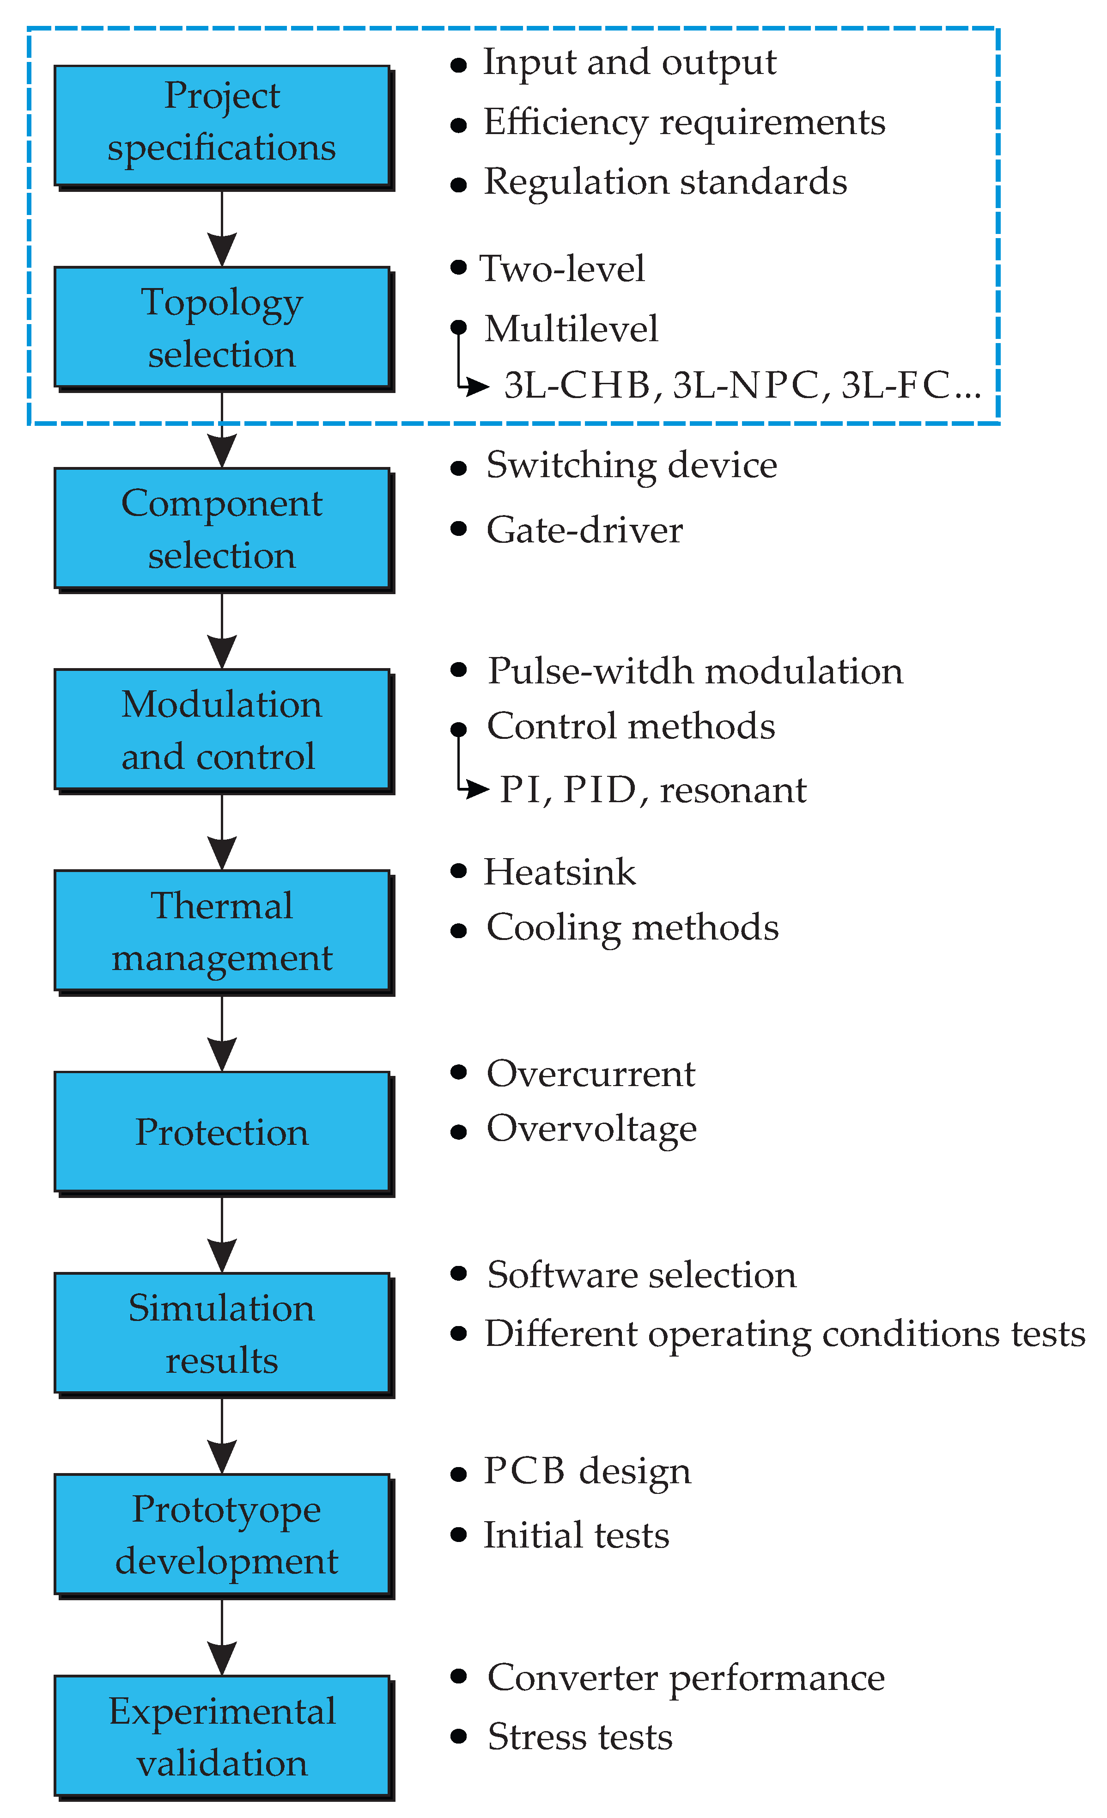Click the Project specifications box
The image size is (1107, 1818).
pos(221,125)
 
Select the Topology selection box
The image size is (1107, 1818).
pos(221,327)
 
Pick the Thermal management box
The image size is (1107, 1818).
pos(221,930)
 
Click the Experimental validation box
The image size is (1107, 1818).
pos(221,1735)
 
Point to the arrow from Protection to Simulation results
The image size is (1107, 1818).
pos(222,1232)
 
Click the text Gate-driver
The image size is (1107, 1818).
pos(584,530)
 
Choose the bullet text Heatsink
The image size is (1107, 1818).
pos(559,872)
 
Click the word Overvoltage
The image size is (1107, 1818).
pos(591,1129)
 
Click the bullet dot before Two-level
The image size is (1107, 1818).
pos(458,267)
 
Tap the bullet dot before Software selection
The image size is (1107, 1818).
pos(458,1273)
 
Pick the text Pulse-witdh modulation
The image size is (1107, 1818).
pos(695,671)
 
